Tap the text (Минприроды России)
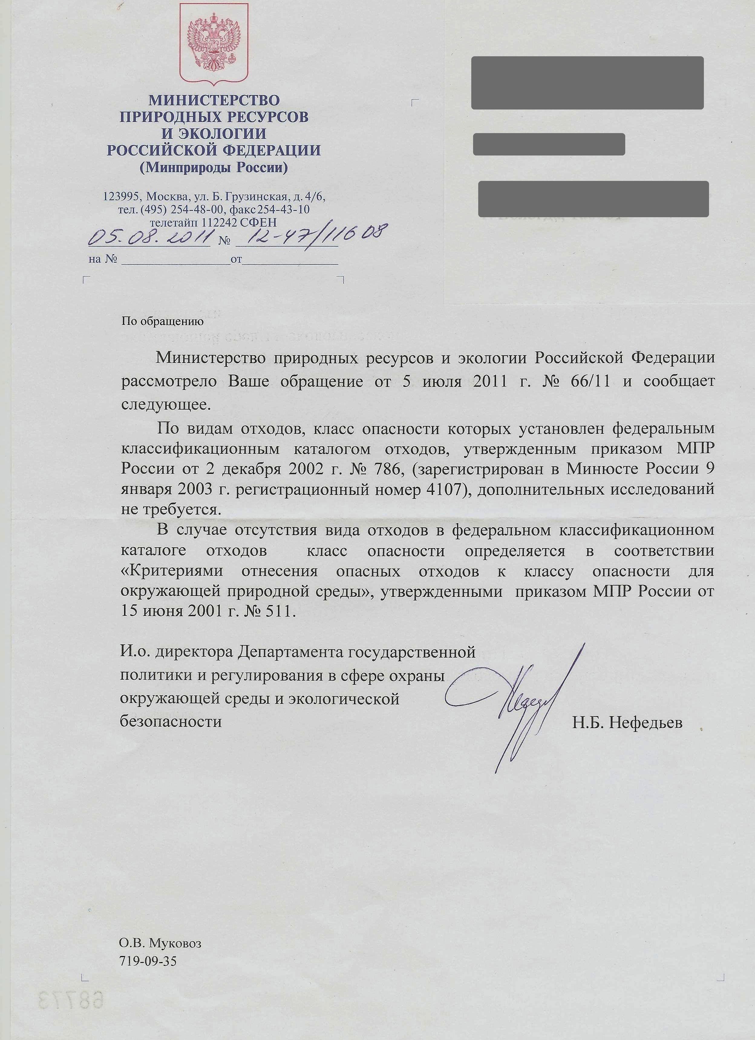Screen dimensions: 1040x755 pyautogui.click(x=214, y=168)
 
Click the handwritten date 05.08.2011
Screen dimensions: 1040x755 pyautogui.click(x=150, y=237)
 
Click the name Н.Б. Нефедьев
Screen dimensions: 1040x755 pyautogui.click(x=627, y=723)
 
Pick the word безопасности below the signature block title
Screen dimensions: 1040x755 pyautogui.click(x=171, y=722)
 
